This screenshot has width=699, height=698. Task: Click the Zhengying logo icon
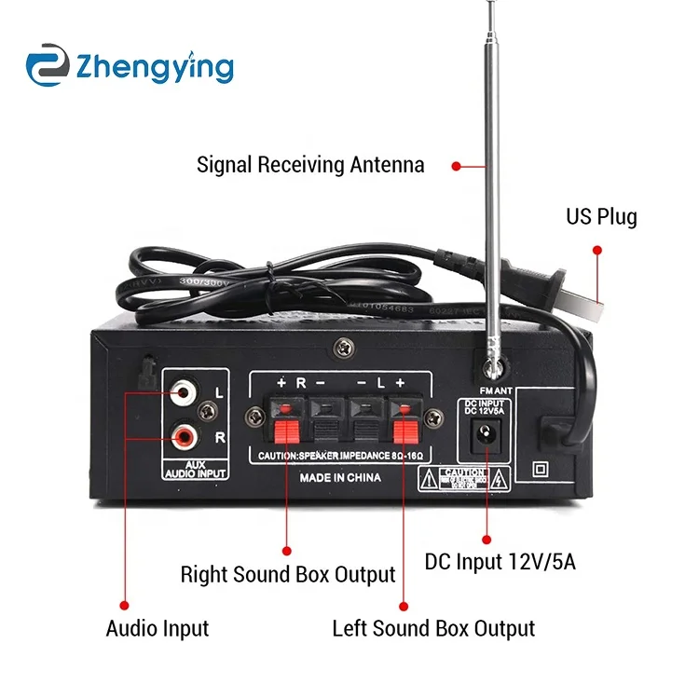coord(48,67)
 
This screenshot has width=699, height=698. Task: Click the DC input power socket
coord(485,432)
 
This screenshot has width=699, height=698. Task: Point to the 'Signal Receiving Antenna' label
coord(310,166)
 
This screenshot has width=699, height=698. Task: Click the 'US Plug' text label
coord(601,218)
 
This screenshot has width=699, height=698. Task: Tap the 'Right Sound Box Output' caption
coord(288,574)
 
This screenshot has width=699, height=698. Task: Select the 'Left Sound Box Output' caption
coord(433,628)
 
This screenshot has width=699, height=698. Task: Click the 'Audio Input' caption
coord(158,628)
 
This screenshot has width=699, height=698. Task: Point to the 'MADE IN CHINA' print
coord(339,477)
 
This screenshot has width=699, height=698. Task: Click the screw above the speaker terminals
coord(345,346)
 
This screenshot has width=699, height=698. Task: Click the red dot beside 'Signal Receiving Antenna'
coord(456,166)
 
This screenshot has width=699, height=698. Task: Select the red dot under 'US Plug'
coord(597,250)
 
